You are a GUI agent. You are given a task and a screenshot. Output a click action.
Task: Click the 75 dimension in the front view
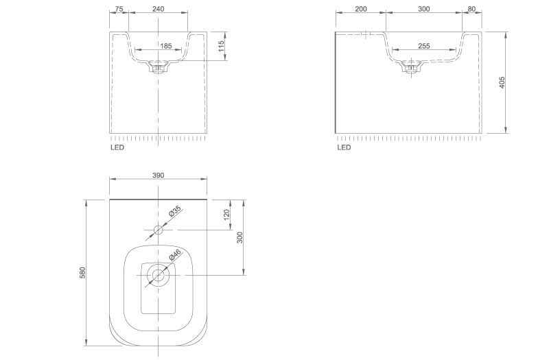[119, 9]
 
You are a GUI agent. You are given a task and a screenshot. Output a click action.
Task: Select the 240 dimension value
[159, 9]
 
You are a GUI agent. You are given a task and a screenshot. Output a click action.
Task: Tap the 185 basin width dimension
[166, 46]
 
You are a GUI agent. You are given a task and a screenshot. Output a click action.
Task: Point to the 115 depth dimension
[221, 47]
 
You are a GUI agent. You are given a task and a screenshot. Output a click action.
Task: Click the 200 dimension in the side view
[361, 9]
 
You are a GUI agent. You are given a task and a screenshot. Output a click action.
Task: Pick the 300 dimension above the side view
[423, 9]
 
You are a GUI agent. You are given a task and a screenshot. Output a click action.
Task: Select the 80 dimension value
[471, 9]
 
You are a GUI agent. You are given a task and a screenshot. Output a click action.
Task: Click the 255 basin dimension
[423, 46]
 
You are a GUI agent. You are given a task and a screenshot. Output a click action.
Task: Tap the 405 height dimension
[502, 82]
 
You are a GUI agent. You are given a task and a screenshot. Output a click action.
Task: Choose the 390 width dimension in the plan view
[159, 175]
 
